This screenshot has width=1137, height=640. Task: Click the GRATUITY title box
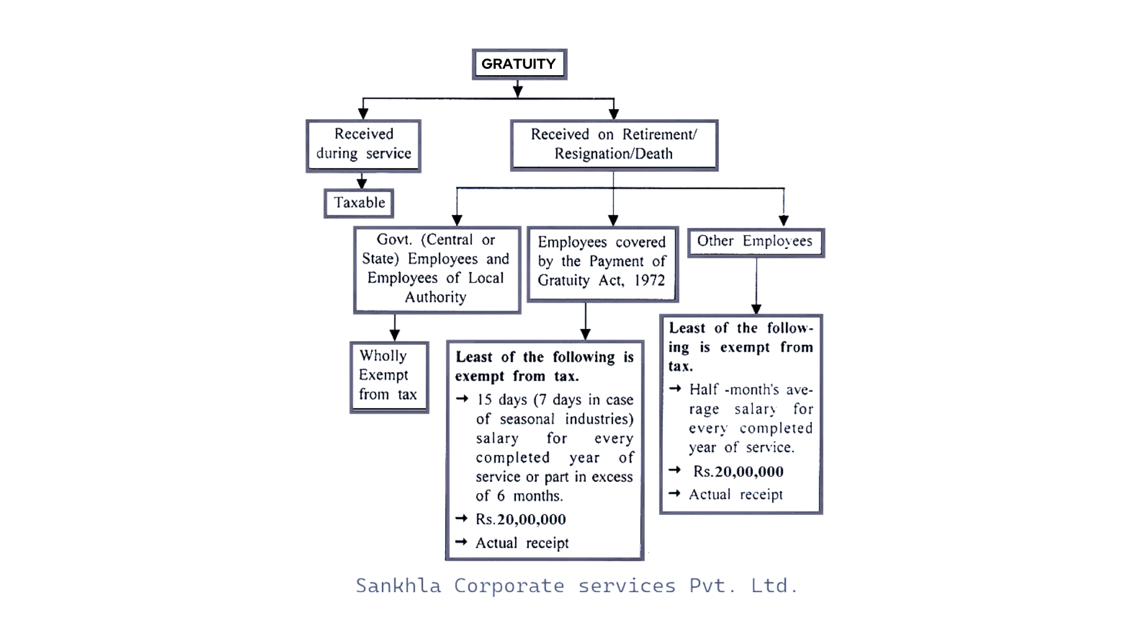click(x=519, y=64)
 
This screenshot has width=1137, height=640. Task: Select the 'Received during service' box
click(x=363, y=145)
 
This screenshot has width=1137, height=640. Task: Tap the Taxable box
click(x=359, y=203)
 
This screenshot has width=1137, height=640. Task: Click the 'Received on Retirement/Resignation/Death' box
click(x=614, y=145)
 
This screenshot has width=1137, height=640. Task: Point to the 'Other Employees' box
click(x=754, y=242)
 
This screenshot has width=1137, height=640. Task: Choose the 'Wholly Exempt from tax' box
click(x=388, y=376)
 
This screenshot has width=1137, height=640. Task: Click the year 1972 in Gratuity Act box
click(x=650, y=280)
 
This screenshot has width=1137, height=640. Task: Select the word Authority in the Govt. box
click(x=435, y=297)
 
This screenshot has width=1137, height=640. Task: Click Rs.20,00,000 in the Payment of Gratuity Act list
click(x=521, y=520)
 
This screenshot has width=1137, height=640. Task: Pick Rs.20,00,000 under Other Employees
click(x=738, y=472)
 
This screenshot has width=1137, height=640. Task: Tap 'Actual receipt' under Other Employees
click(x=735, y=495)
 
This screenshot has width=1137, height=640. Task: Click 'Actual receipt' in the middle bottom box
click(x=522, y=543)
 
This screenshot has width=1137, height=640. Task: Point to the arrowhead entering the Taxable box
click(x=362, y=184)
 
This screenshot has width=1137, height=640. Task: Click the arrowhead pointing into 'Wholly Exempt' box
click(x=395, y=335)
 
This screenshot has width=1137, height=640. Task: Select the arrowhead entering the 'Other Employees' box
click(x=783, y=221)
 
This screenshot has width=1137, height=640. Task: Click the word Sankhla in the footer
click(x=398, y=585)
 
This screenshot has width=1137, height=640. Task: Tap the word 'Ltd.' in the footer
click(x=774, y=585)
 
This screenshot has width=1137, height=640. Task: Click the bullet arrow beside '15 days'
click(x=462, y=399)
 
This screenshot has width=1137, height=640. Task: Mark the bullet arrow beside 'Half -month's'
click(x=675, y=389)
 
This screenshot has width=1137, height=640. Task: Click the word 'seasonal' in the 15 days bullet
click(x=527, y=420)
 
